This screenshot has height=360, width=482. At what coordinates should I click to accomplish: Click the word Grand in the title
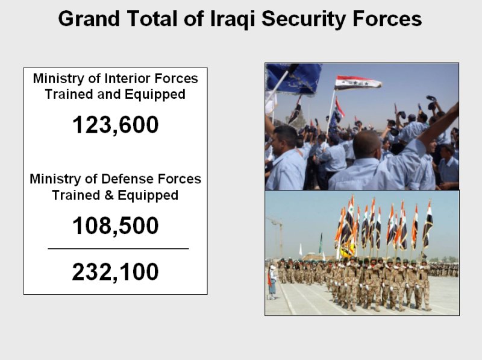[x=89, y=19]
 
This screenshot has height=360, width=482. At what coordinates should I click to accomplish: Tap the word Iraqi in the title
[x=233, y=19]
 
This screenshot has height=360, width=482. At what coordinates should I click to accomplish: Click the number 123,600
[x=115, y=125]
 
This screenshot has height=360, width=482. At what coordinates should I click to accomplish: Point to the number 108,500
[x=115, y=226]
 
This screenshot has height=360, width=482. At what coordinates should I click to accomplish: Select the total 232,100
[x=115, y=272]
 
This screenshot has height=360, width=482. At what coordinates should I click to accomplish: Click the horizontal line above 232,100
[x=118, y=248]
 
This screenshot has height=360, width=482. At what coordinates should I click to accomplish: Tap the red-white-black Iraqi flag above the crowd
[x=357, y=83]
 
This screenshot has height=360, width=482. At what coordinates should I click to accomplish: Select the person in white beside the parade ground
[x=272, y=282]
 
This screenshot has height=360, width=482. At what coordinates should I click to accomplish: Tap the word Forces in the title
[x=387, y=19]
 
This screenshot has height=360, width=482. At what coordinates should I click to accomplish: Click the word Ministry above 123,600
[x=58, y=79]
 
